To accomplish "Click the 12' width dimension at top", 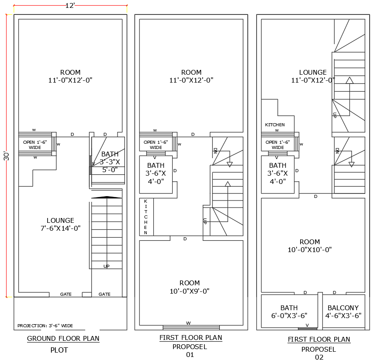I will (x=70, y=6).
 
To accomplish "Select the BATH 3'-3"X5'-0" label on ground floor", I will (x=109, y=162).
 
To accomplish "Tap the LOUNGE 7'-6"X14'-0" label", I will (x=60, y=224).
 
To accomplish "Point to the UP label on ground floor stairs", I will (x=106, y=266).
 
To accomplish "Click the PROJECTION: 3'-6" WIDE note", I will (x=45, y=326).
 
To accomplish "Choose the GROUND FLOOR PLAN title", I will (x=63, y=339).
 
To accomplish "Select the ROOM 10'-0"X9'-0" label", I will (x=190, y=287).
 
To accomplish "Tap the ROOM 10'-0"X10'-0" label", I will (x=310, y=246).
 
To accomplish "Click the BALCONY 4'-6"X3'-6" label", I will (x=343, y=312).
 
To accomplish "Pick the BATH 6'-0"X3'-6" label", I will (x=289, y=312).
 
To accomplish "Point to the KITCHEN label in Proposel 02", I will (x=275, y=125).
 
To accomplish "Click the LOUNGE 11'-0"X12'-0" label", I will (x=313, y=76).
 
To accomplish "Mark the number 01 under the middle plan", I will (x=190, y=355).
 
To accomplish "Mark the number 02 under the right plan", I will (x=319, y=357).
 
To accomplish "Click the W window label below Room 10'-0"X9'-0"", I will (x=188, y=323).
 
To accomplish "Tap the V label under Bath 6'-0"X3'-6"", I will (x=307, y=325).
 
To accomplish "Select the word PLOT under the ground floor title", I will (x=59, y=350).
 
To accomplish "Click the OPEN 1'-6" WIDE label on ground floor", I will (x=35, y=145).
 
